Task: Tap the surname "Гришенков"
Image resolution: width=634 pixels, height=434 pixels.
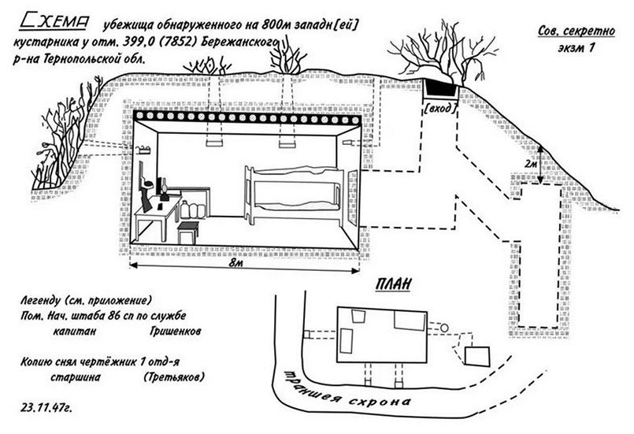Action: click(175, 332)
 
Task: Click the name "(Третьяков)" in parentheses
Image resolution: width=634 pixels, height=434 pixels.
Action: click(174, 378)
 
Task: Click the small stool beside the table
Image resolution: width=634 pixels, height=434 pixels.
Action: click(188, 233)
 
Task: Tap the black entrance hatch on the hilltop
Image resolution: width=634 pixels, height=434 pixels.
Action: click(439, 85)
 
